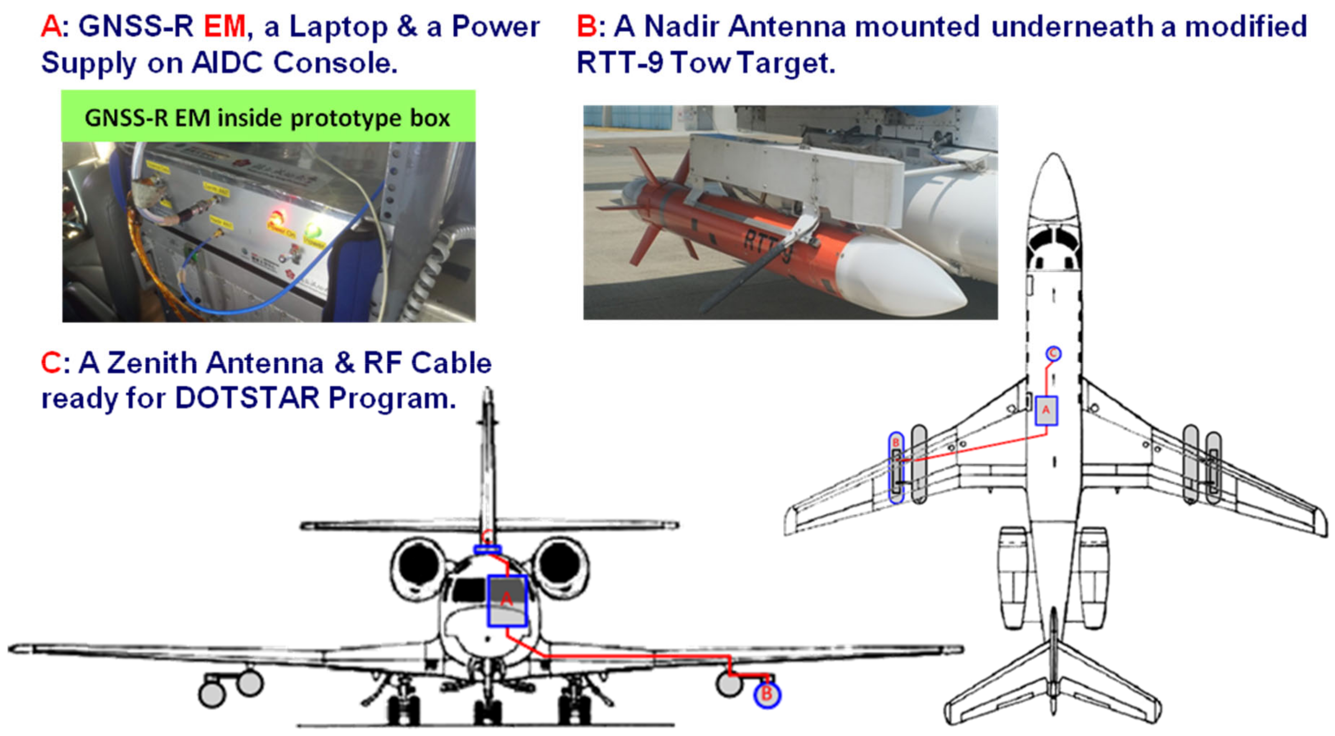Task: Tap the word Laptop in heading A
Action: (338, 27)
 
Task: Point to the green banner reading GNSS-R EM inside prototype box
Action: (268, 117)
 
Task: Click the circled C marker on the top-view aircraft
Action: (1053, 354)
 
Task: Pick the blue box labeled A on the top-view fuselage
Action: (1046, 411)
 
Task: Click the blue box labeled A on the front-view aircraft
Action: (506, 600)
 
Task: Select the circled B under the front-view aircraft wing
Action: (766, 695)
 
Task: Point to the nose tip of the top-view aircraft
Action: (1053, 157)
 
